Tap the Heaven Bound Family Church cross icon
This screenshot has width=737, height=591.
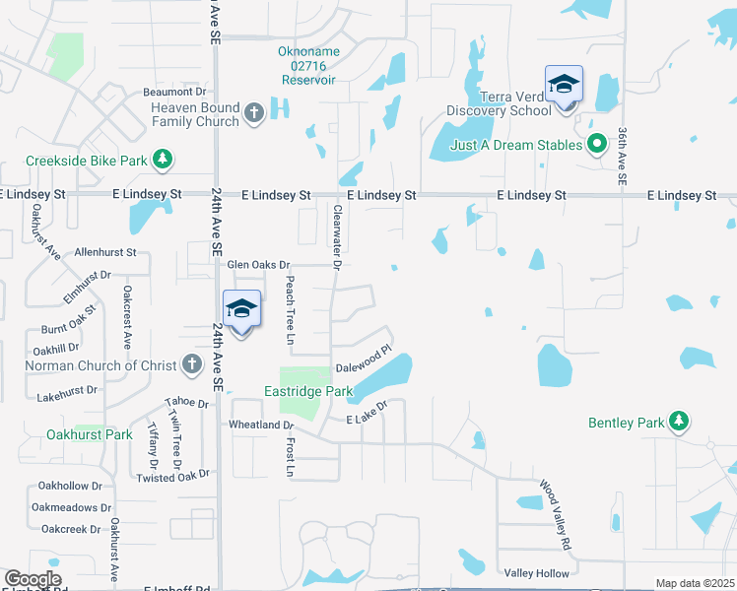(x=253, y=113)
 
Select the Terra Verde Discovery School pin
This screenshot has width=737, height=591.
(x=565, y=86)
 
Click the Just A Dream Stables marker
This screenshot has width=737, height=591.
(x=596, y=145)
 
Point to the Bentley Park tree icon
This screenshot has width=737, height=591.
(x=678, y=423)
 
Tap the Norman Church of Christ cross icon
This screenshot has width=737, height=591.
(x=192, y=365)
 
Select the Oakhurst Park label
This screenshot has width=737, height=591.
(x=89, y=434)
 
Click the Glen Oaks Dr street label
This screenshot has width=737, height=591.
(x=258, y=265)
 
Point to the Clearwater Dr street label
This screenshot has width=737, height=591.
(x=337, y=237)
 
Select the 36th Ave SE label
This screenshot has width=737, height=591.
(x=623, y=157)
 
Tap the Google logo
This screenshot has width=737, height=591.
(x=33, y=579)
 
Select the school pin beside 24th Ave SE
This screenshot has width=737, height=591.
(x=241, y=311)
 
